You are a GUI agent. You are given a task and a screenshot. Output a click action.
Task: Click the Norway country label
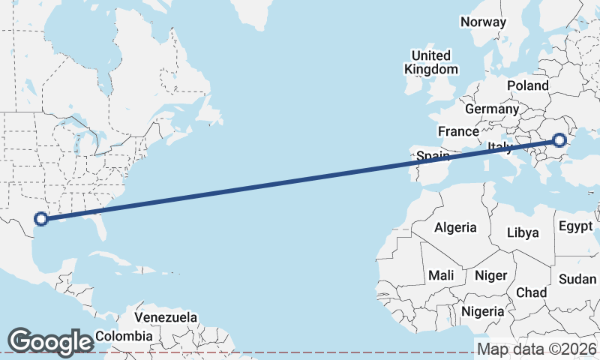pos(483,22)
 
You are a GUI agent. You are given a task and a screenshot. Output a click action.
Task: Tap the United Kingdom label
pos(430,62)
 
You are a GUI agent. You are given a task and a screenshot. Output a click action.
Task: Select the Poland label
pos(527,85)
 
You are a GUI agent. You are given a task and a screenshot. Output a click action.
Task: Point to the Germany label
pos(491,109)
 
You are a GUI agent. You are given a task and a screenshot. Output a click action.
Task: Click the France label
pos(458,131)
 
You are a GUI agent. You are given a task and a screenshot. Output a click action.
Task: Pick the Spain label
pos(433,156)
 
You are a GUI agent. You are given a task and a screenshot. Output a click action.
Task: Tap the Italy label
pos(499,147)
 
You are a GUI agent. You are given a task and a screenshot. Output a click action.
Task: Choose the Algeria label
pos(455,227)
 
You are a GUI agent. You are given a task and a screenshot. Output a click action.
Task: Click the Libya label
pos(523,232)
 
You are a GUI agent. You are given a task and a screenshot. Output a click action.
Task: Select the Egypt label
pos(575,226)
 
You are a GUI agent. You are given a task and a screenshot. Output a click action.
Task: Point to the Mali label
pos(441,275)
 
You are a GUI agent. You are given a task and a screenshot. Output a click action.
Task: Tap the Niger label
pos(490,275)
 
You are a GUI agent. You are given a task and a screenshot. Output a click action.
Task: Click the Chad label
pos(531,292)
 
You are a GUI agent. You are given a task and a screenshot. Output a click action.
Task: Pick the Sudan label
pos(577,279)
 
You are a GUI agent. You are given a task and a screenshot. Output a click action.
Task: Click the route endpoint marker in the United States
pos(41,219)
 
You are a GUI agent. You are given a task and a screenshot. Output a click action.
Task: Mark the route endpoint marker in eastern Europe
pos(559,139)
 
